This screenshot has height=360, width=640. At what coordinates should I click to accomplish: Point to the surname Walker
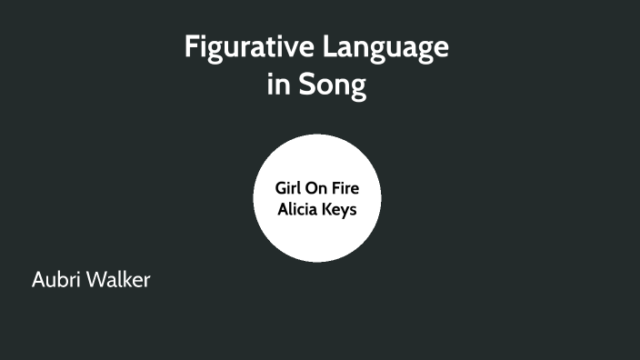coord(119,280)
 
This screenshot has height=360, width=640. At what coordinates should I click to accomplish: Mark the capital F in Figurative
coord(191,47)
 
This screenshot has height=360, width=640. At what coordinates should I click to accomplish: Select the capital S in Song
coord(302,85)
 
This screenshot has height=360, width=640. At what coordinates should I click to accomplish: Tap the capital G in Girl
coord(280,189)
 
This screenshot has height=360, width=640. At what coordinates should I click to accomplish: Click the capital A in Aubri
coord(39,280)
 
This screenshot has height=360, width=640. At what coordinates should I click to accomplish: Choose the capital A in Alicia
coord(281,208)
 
